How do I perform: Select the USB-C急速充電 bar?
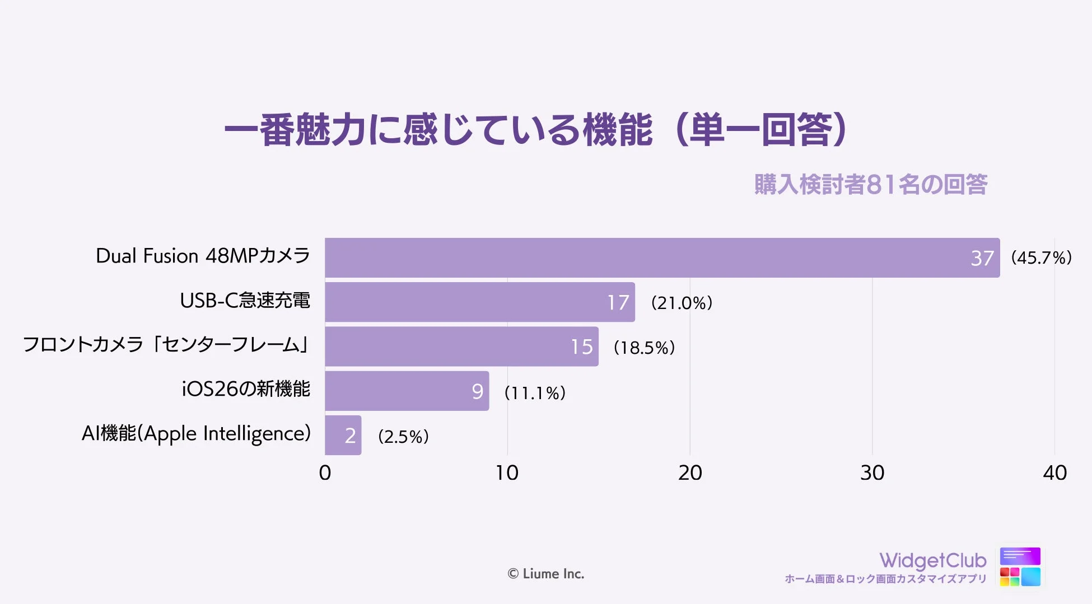tap(479, 302)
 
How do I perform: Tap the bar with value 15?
tap(461, 347)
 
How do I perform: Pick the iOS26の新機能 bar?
tap(407, 391)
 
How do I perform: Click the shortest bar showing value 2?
tap(343, 436)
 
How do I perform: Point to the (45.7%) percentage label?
tap(1041, 257)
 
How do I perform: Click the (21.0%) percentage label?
tap(682, 303)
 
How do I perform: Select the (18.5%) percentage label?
tap(644, 348)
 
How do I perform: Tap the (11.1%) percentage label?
tap(535, 392)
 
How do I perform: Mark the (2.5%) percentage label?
tap(403, 436)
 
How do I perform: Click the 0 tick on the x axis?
tap(325, 473)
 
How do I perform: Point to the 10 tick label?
tap(507, 473)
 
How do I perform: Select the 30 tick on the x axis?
tap(872, 473)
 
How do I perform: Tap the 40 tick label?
tap(1054, 473)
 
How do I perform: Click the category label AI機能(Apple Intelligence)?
tap(196, 434)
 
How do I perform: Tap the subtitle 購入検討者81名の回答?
tap(870, 185)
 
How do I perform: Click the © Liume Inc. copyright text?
tap(545, 574)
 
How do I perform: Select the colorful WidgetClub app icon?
tap(1020, 566)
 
